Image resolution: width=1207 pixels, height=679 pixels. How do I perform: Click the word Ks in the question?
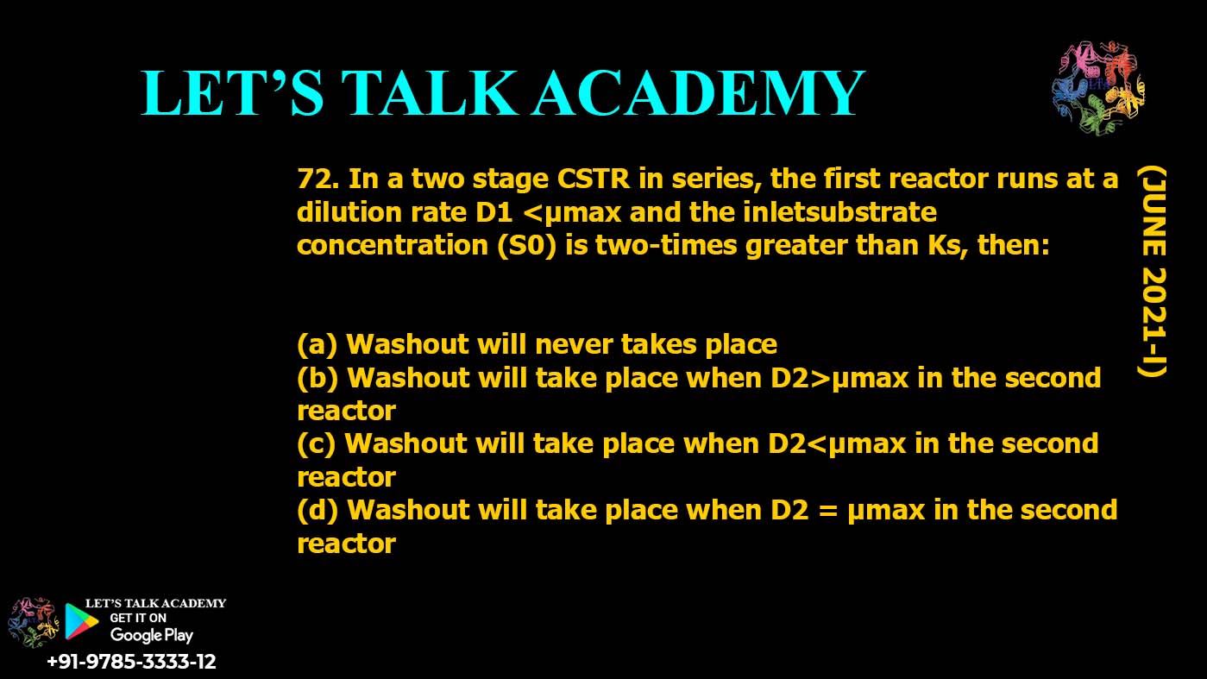[946, 245]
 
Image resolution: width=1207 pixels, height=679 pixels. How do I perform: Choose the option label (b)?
[317, 378]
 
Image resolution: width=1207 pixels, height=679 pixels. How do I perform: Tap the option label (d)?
[317, 510]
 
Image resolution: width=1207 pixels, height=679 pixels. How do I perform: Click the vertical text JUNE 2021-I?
[1151, 272]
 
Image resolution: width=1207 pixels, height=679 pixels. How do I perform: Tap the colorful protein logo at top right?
[1097, 89]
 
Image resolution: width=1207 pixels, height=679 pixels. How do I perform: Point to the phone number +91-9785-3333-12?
[131, 662]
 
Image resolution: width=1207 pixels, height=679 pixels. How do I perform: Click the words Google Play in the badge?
[151, 635]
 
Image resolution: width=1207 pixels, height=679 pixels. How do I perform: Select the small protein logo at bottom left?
[32, 622]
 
